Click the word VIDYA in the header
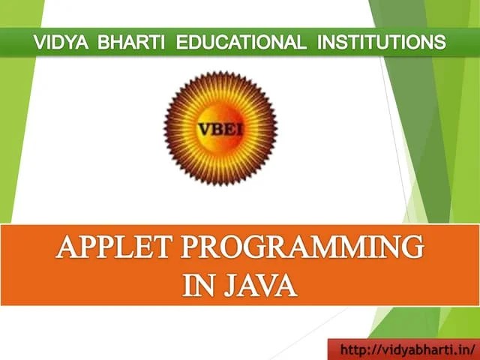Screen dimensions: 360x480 [60, 42]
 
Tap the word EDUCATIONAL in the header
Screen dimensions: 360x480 [241, 42]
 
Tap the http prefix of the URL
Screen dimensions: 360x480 [353, 349]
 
